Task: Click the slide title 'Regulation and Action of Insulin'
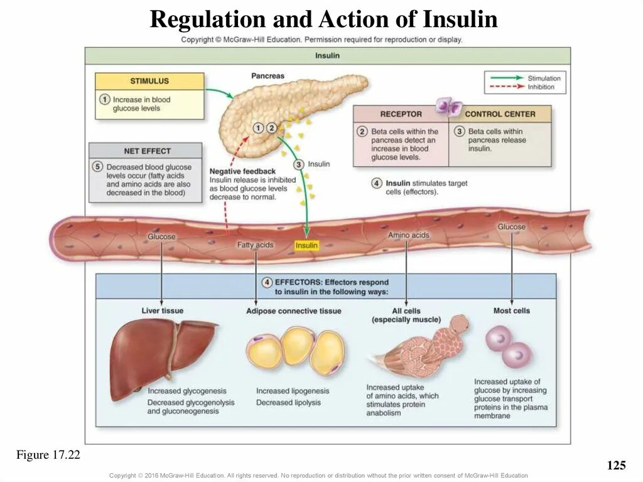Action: [x=323, y=20]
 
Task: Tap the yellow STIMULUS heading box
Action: [x=149, y=81]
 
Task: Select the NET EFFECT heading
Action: [x=147, y=151]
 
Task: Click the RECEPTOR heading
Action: [x=401, y=114]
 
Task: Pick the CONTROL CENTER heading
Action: [x=500, y=114]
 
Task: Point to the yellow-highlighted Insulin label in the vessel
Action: [x=306, y=246]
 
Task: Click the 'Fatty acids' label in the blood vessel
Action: [x=255, y=244]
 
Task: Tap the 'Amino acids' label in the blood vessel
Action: [x=408, y=235]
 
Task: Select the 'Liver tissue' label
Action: [x=163, y=311]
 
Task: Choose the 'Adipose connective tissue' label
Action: [x=294, y=311]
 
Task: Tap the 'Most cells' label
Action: [x=512, y=310]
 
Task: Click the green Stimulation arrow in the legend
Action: [x=505, y=78]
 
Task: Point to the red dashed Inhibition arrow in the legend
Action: [x=505, y=87]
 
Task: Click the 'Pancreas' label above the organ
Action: [x=267, y=76]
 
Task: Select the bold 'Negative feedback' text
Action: [x=242, y=172]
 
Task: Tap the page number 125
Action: [x=617, y=466]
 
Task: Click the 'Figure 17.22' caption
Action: [x=48, y=455]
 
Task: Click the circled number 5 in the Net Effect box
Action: [x=97, y=167]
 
